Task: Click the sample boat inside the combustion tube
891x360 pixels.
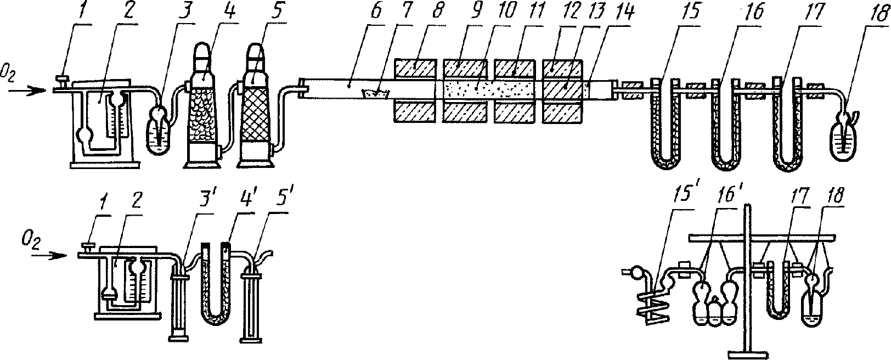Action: [x=376, y=94]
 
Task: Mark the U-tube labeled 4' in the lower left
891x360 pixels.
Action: [x=215, y=291]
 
